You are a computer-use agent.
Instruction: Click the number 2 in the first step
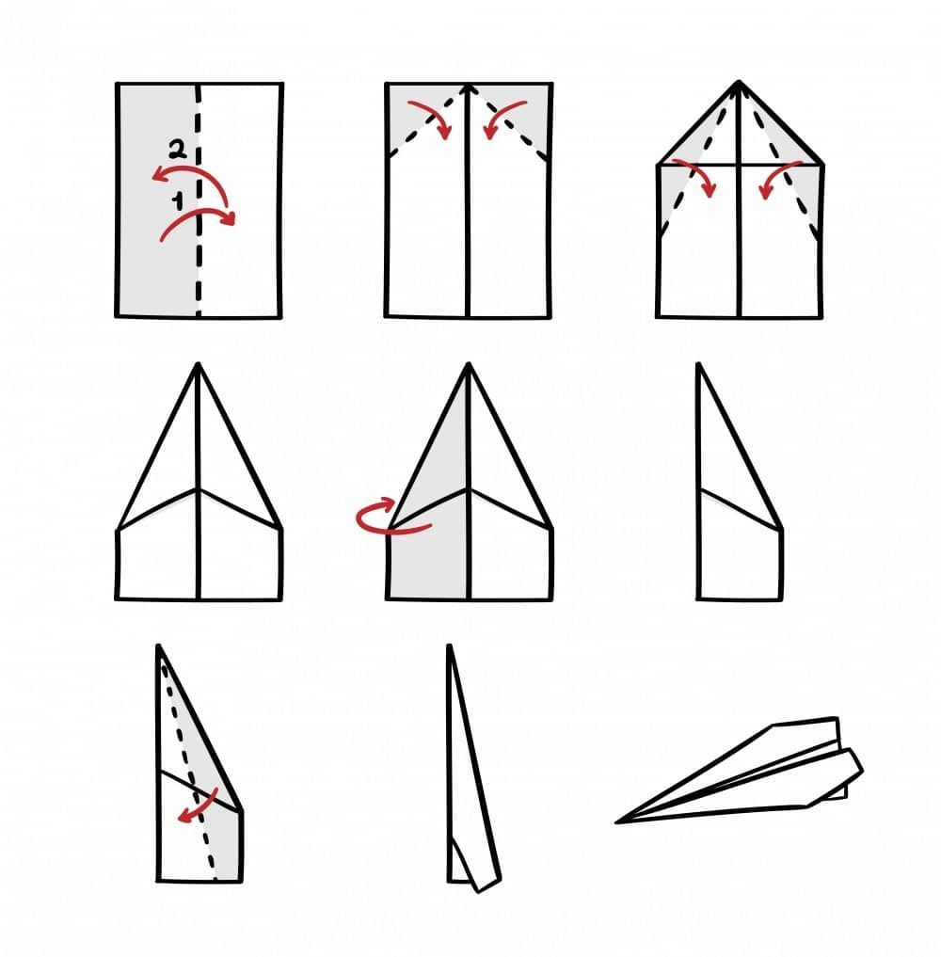pos(177,150)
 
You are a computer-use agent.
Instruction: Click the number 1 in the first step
pos(178,200)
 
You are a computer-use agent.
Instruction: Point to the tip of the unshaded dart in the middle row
pos(198,364)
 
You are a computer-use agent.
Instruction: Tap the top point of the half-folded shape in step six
pos(699,365)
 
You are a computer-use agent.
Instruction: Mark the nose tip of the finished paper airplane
pos(617,822)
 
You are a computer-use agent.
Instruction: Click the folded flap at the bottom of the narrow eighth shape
pos(475,863)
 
